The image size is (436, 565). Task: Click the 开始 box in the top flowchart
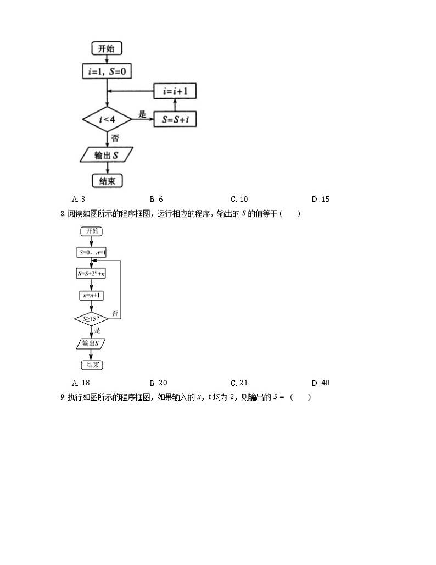[x=107, y=49]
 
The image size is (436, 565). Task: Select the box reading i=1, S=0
[x=107, y=71]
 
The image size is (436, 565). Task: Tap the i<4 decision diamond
[x=107, y=119]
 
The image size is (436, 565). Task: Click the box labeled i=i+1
[x=175, y=91]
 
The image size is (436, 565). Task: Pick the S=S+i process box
[x=175, y=119]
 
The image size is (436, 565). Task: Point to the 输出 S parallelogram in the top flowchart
[x=107, y=155]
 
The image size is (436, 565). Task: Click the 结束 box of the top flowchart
[x=107, y=181]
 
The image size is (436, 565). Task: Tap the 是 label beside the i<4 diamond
[x=142, y=114]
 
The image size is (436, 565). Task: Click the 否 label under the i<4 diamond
[x=115, y=138]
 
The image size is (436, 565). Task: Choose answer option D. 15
[x=320, y=199]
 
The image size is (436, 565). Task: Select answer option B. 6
[x=156, y=199]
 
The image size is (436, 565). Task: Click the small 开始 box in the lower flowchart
[x=91, y=231]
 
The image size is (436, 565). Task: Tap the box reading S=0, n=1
[x=91, y=252]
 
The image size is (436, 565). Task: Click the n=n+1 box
[x=91, y=295]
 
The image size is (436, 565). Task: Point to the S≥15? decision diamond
[x=91, y=319]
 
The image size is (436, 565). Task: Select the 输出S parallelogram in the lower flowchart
[x=91, y=344]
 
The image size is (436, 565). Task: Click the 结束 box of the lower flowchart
[x=91, y=364]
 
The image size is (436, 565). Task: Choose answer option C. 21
[x=239, y=383]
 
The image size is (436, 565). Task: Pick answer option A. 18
[x=81, y=383]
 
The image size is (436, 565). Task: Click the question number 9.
[x=63, y=397]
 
